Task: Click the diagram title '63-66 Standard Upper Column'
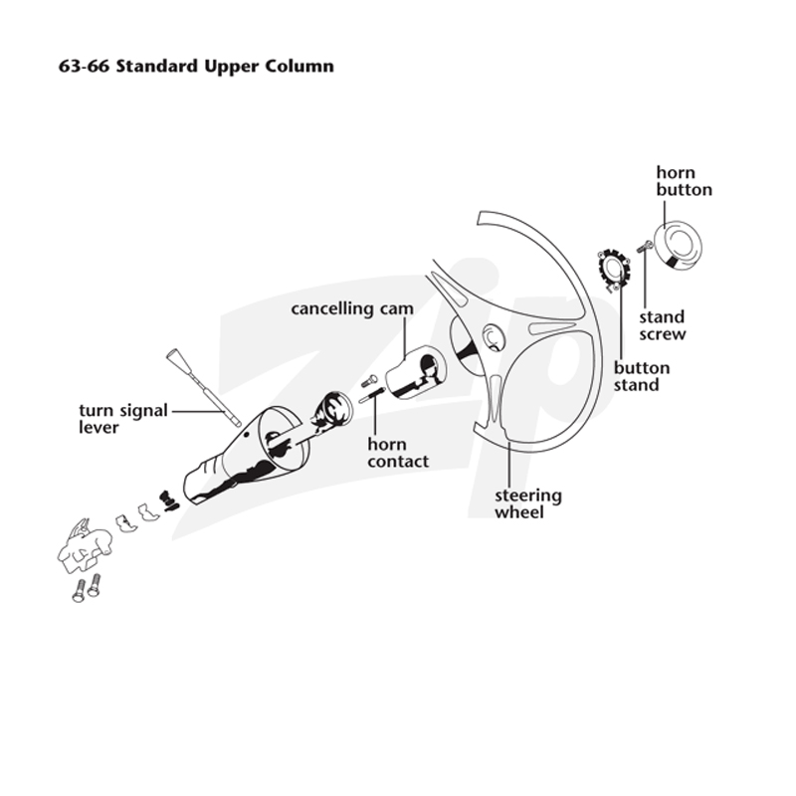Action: [x=196, y=67]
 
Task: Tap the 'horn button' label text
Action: [x=684, y=181]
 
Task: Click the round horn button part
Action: [x=678, y=245]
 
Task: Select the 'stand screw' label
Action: [x=662, y=325]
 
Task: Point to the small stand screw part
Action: [x=644, y=247]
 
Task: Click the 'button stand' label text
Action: [x=641, y=376]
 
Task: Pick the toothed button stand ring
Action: [x=613, y=269]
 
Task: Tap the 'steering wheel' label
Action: [x=528, y=503]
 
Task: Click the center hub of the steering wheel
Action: [x=492, y=337]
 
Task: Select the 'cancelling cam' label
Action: [x=352, y=308]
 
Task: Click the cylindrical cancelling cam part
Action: [x=416, y=372]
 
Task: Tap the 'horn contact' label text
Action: [x=398, y=453]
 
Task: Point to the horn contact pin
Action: [x=371, y=394]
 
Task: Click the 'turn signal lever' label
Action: [x=122, y=419]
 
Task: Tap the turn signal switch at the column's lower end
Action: [x=84, y=545]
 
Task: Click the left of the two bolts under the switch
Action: [x=79, y=591]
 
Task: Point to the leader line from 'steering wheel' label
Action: [x=509, y=463]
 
